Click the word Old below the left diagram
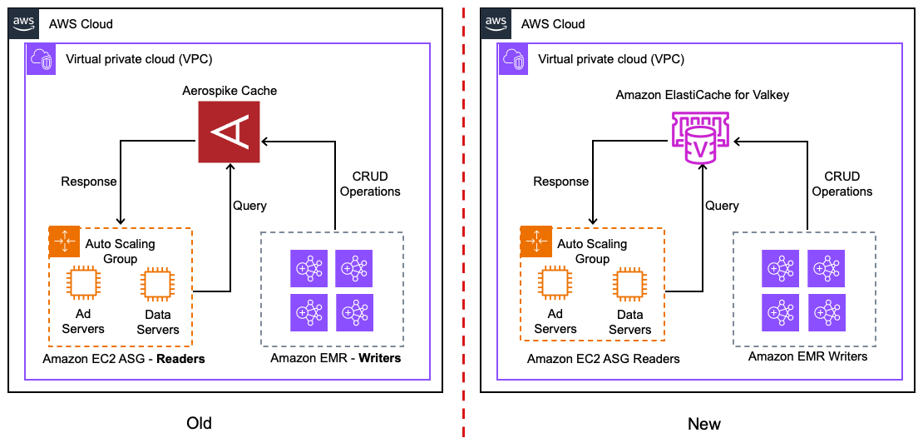pyautogui.click(x=200, y=423)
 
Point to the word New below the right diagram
pyautogui.click(x=703, y=423)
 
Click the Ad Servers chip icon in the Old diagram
pyautogui.click(x=82, y=283)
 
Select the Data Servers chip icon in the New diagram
pyautogui.click(x=629, y=284)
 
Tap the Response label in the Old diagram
pyautogui.click(x=89, y=181)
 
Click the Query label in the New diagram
pyautogui.click(x=722, y=205)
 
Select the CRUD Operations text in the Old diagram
pyautogui.click(x=370, y=183)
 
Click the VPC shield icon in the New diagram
pyautogui.click(x=514, y=58)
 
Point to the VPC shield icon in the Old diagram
pyautogui.click(x=42, y=58)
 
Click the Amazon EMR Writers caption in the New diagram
pyautogui.click(x=807, y=356)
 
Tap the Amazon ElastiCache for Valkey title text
pyautogui.click(x=702, y=95)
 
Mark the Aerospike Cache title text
pyautogui.click(x=230, y=90)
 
